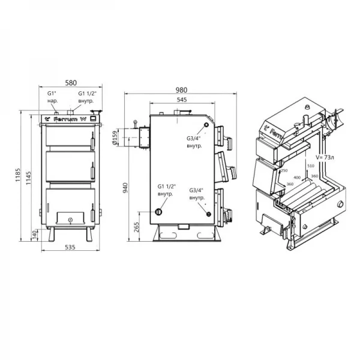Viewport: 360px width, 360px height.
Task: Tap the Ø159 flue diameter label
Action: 120,140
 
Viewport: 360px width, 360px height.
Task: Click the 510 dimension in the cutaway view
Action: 311,165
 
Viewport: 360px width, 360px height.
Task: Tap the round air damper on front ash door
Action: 70,220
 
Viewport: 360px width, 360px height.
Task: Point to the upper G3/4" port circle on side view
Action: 206,125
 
